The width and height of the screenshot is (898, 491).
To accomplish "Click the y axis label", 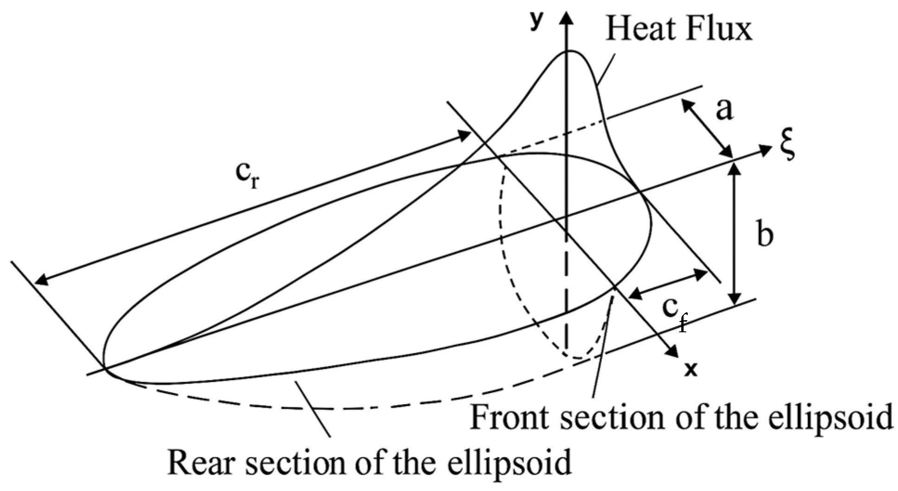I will tap(536, 21).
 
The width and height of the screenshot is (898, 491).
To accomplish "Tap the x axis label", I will tap(691, 369).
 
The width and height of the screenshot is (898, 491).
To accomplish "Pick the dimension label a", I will tap(724, 110).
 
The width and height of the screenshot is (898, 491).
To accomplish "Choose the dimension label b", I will tap(765, 234).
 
